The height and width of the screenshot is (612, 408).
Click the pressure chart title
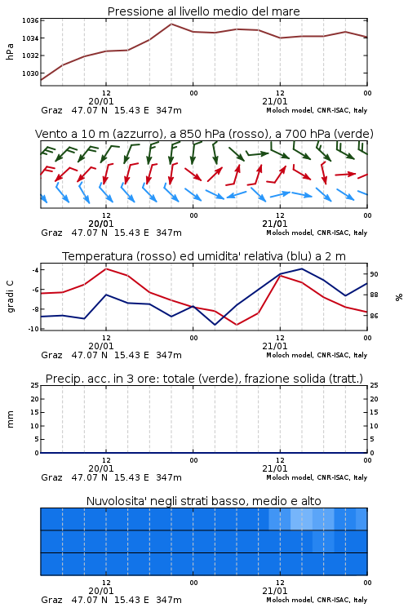point(203,11)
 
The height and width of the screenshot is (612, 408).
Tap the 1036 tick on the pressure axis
point(30,20)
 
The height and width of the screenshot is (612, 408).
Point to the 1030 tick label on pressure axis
point(30,73)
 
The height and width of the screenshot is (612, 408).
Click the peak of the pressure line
point(171,24)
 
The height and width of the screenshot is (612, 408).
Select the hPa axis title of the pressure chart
point(10,51)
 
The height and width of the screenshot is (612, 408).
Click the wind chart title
point(204,134)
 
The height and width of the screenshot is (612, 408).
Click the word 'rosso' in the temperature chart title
point(156,256)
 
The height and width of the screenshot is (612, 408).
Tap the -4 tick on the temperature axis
point(35,270)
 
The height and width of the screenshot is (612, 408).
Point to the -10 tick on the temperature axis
point(33,329)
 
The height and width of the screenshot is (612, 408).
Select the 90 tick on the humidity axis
point(374,274)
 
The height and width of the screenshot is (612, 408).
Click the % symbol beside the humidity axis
point(399,297)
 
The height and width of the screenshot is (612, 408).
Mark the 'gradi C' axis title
point(10,296)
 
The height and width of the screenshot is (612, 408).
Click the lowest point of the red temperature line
point(237,325)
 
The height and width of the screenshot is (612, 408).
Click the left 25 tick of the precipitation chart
point(34,385)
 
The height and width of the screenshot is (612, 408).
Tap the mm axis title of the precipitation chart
point(10,419)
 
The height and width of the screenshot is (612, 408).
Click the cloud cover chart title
point(203,501)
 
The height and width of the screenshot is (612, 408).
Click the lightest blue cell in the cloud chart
point(301,519)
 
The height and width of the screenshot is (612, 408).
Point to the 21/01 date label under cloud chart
point(275,591)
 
